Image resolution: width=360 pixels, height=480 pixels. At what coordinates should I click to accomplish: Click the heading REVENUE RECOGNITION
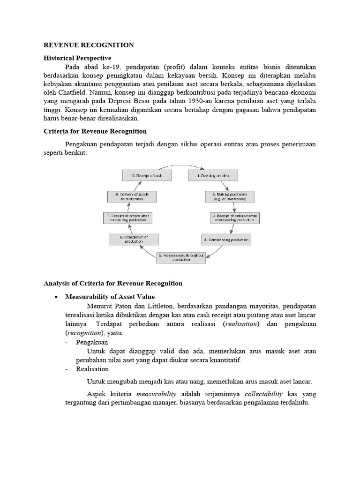89,45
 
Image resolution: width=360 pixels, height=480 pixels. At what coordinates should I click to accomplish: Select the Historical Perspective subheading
77,58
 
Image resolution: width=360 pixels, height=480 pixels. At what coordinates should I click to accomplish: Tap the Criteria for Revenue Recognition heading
95,131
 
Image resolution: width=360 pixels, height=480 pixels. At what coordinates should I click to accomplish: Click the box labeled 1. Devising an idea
213,175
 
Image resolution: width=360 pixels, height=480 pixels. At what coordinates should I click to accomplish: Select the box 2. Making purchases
230,196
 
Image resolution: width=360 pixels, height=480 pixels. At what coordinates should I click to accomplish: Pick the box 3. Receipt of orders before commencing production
234,218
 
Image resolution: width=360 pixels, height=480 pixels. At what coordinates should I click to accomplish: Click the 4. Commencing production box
226,240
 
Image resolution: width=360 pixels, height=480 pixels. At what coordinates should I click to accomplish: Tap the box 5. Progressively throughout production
181,257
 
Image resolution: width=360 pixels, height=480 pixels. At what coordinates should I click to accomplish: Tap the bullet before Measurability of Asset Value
56,297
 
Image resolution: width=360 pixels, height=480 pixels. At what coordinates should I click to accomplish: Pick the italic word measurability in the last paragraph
157,395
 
